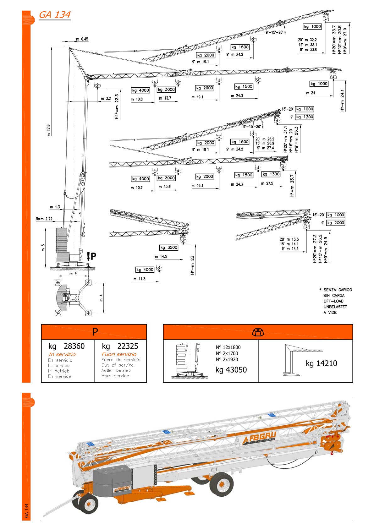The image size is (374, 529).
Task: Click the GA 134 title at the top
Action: pyautogui.click(x=55, y=15)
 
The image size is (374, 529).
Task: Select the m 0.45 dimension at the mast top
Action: pyautogui.click(x=82, y=39)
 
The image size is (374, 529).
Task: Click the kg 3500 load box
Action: pyautogui.click(x=169, y=248)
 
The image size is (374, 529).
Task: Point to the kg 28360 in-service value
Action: pyautogui.click(x=67, y=346)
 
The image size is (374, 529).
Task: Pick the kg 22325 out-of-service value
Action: pyautogui.click(x=120, y=346)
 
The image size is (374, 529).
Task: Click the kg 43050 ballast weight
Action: pyautogui.click(x=231, y=370)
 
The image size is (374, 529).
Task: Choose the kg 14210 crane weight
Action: pyautogui.click(x=321, y=363)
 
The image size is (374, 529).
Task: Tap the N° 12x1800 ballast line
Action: pyautogui.click(x=228, y=347)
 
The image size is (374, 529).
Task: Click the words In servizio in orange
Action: pyautogui.click(x=62, y=354)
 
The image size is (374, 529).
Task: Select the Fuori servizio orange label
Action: pyautogui.click(x=119, y=354)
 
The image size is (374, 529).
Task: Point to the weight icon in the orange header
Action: pyautogui.click(x=258, y=332)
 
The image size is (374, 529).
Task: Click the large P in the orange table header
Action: pyautogui.click(x=95, y=332)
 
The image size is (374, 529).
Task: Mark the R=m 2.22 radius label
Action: pyautogui.click(x=44, y=219)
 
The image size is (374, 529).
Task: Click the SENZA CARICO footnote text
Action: pyautogui.click(x=338, y=290)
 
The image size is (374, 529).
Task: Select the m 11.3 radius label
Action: pyautogui.click(x=140, y=279)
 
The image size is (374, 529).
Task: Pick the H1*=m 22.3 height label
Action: pyautogui.click(x=117, y=107)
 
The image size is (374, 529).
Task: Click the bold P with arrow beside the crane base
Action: pyautogui.click(x=91, y=256)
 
